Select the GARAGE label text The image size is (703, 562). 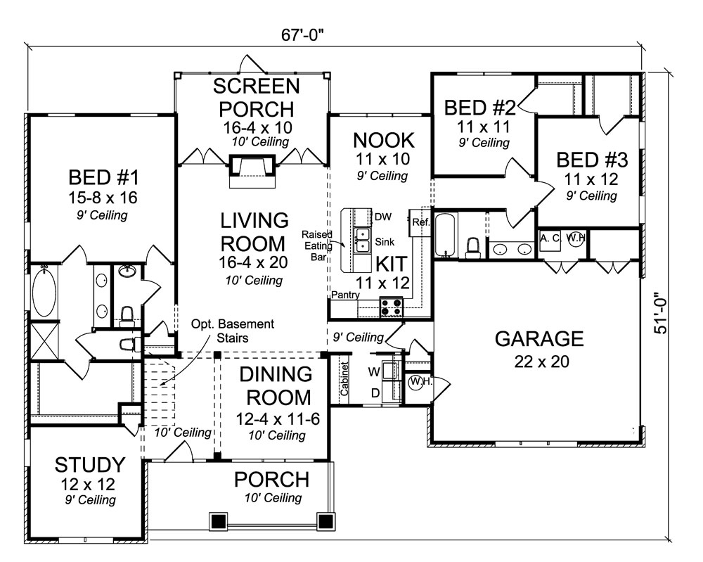539,339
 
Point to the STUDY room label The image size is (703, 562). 90,465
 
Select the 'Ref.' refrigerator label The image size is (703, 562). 420,222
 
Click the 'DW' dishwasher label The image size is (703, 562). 382,217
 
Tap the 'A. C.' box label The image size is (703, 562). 549,238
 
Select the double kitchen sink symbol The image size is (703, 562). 363,239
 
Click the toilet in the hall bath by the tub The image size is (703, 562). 473,246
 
